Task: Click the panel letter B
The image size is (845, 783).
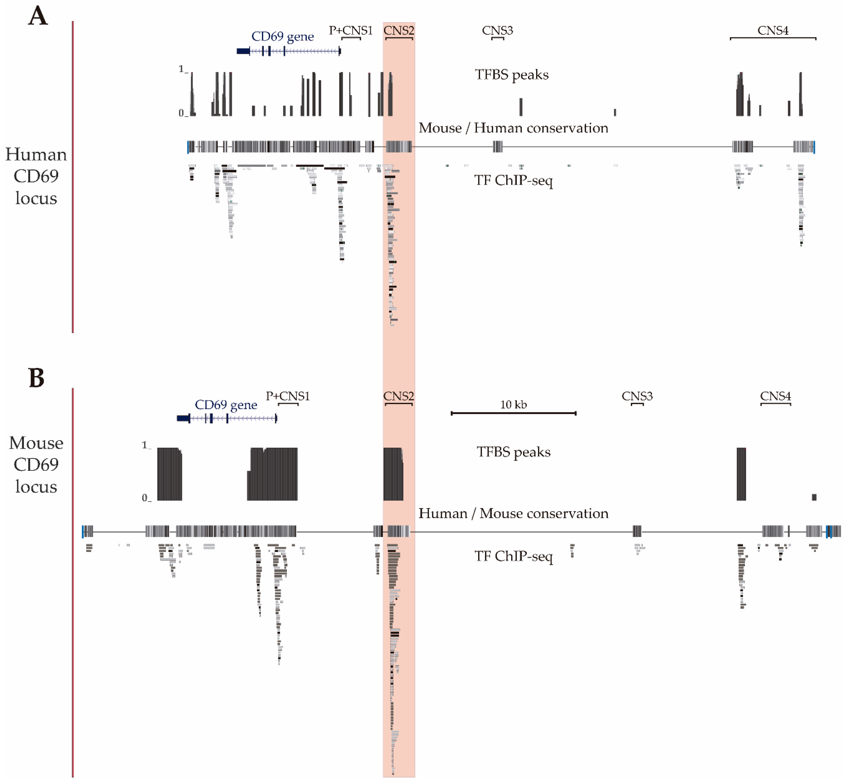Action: coord(36,378)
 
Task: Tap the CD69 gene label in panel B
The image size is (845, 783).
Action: coord(226,405)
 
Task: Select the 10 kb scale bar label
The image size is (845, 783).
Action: coord(513,405)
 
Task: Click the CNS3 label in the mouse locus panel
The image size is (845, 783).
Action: coord(637,396)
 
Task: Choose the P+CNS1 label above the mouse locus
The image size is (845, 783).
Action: coord(288,396)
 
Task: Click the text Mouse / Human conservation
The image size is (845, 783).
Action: coord(513,128)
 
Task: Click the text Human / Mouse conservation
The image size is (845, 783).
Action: coord(513,514)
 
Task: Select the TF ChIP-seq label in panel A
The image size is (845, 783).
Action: coord(513,181)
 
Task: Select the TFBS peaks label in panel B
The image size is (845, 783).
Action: coord(513,452)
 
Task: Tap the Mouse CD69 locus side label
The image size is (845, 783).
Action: coord(36,465)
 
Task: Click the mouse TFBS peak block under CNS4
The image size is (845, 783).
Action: coord(741,474)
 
